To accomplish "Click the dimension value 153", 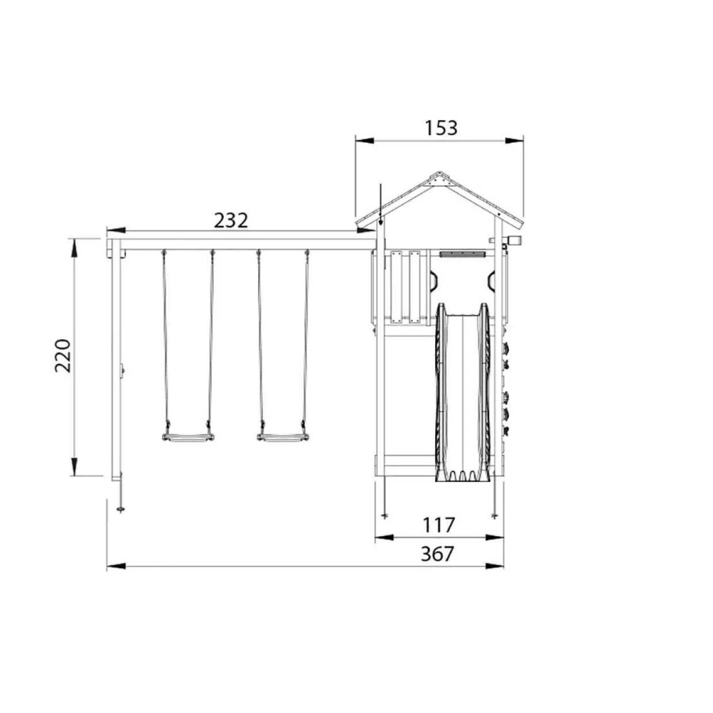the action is pos(440,128).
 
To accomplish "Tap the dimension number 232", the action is pos(231,221).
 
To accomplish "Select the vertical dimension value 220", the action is pos(63,355).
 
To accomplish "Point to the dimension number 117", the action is pos(438,525).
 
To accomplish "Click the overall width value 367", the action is pos(438,554).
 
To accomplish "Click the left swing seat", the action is pos(188,438).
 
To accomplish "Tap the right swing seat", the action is pos(283,438).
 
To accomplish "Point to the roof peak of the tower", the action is pos(439,172).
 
